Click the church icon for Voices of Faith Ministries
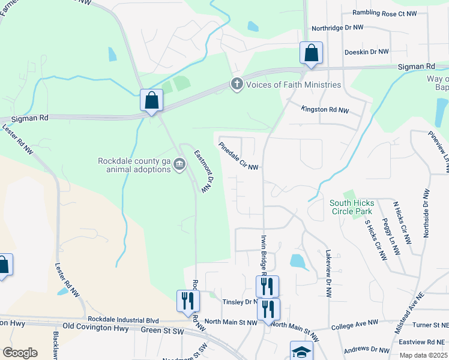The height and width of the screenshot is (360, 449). [237, 85]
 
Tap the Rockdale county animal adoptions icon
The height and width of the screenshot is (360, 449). [179, 165]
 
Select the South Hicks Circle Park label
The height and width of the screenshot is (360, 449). [351, 207]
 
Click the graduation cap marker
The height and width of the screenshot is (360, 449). [301, 352]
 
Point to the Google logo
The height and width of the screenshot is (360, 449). [20, 353]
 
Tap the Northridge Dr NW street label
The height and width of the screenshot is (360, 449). [337, 28]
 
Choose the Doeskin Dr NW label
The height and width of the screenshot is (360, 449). [367, 52]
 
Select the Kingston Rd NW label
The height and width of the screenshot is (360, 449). [325, 110]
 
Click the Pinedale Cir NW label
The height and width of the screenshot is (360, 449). [238, 156]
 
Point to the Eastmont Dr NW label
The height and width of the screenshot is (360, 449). [203, 171]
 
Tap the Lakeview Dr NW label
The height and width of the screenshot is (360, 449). [328, 274]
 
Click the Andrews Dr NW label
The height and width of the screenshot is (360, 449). [367, 349]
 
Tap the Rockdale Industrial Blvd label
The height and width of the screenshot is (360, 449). [123, 319]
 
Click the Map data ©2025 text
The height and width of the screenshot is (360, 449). [424, 355]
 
